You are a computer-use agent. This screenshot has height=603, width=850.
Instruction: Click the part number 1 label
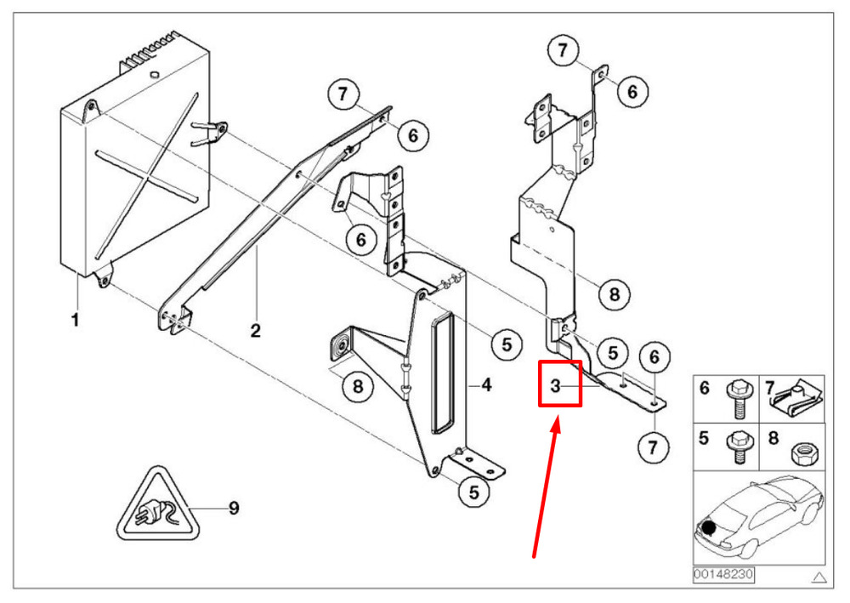point(76,320)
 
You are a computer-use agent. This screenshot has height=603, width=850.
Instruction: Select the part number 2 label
point(256,330)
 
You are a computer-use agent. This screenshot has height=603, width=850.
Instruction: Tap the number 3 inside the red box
point(555,385)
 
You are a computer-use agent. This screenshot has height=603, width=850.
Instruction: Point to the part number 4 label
point(487,385)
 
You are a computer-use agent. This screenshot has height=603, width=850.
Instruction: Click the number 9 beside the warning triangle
point(234,508)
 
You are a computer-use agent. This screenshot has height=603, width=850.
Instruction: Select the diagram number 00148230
point(723,574)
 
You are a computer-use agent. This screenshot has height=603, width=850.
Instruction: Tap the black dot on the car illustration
point(709,526)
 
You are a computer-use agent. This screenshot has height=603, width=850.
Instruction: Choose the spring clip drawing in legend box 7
point(796,401)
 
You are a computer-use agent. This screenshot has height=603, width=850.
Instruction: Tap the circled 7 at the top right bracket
point(563,50)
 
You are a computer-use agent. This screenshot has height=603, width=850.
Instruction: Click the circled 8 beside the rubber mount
point(358,386)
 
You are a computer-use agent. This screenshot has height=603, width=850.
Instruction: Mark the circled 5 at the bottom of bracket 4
point(474,492)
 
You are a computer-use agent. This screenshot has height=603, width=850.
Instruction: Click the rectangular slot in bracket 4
point(443,373)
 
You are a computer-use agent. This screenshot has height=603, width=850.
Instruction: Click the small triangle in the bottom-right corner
point(819,577)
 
